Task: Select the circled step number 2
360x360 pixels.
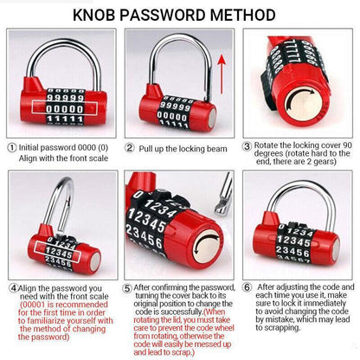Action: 130,147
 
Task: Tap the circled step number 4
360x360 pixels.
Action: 10,288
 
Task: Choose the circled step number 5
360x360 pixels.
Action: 127,288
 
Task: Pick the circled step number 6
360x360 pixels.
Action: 247,288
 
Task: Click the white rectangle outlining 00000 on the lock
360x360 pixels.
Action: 60,108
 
